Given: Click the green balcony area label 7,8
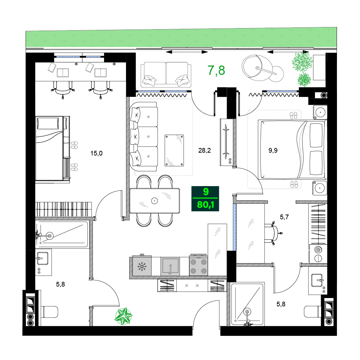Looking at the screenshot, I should click(216, 71).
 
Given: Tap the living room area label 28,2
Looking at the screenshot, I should click(204, 150).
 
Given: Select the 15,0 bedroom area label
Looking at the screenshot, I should click(96, 153).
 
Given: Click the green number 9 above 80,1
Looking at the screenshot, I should click(205, 192).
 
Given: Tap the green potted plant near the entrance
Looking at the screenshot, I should click(123, 316).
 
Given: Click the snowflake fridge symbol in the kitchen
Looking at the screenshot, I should click(142, 267).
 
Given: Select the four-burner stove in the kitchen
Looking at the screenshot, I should click(198, 266).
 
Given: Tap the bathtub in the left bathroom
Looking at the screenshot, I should click(62, 235).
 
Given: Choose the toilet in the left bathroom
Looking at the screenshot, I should click(49, 311).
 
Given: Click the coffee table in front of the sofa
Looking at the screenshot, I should click(174, 150).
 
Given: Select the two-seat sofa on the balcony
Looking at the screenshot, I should click(166, 75).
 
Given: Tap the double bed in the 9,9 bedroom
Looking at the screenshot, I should click(292, 149).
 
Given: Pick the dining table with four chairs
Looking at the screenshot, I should click(155, 201).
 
